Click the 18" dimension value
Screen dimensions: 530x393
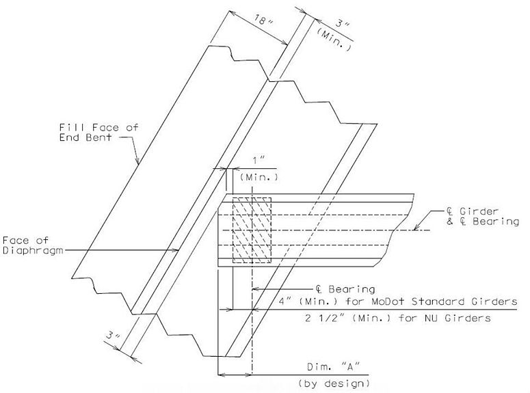coord(264,21)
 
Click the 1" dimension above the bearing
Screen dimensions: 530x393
coord(259,160)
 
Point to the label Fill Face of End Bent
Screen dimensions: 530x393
coord(98,132)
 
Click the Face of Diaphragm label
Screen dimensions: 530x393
coord(33,245)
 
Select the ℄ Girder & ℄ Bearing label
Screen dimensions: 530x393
coord(483,216)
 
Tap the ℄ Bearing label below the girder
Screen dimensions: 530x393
coord(345,289)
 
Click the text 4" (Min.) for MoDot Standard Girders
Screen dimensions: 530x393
coord(398,301)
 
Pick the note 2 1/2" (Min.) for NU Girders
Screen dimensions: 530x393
coord(397,318)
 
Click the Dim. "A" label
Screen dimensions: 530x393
coord(333,366)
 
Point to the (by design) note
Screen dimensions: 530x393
coord(334,383)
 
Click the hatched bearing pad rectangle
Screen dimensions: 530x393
coord(252,230)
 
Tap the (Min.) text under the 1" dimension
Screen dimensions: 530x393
coord(259,177)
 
